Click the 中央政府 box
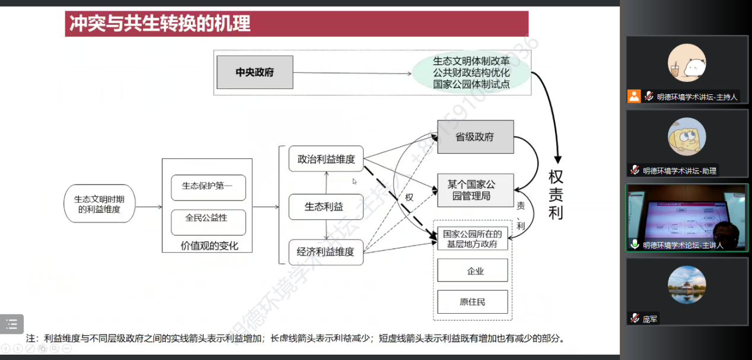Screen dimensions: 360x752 coord(255,72)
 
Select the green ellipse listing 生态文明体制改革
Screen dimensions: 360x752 coord(471,73)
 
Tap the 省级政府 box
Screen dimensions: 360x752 coord(475,137)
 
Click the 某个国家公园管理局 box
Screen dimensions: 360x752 coord(475,190)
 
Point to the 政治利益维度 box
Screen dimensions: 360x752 coord(326,159)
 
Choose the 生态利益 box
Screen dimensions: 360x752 coord(326,206)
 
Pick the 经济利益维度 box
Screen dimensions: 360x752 coord(326,251)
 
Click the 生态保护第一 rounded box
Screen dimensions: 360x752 coord(208,186)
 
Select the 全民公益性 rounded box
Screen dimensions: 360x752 coord(208,219)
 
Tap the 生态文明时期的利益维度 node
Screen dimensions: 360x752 coord(100,204)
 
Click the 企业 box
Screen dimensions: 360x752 coord(473,270)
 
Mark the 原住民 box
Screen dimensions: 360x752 coord(473,302)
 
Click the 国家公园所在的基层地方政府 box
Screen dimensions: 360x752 coord(473,238)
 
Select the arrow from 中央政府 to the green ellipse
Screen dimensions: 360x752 coord(352,74)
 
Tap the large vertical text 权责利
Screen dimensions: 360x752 coord(556,195)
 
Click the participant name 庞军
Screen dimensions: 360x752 coord(651,319)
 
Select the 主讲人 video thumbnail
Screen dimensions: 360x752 coord(687,218)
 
